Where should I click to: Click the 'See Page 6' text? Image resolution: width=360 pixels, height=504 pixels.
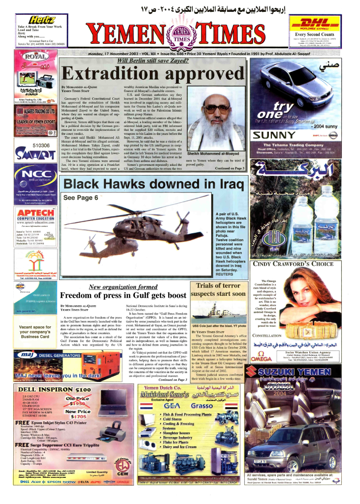[81, 198]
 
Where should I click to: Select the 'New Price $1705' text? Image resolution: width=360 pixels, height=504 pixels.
[77, 414]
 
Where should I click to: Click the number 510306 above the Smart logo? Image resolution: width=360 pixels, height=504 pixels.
[40, 146]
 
